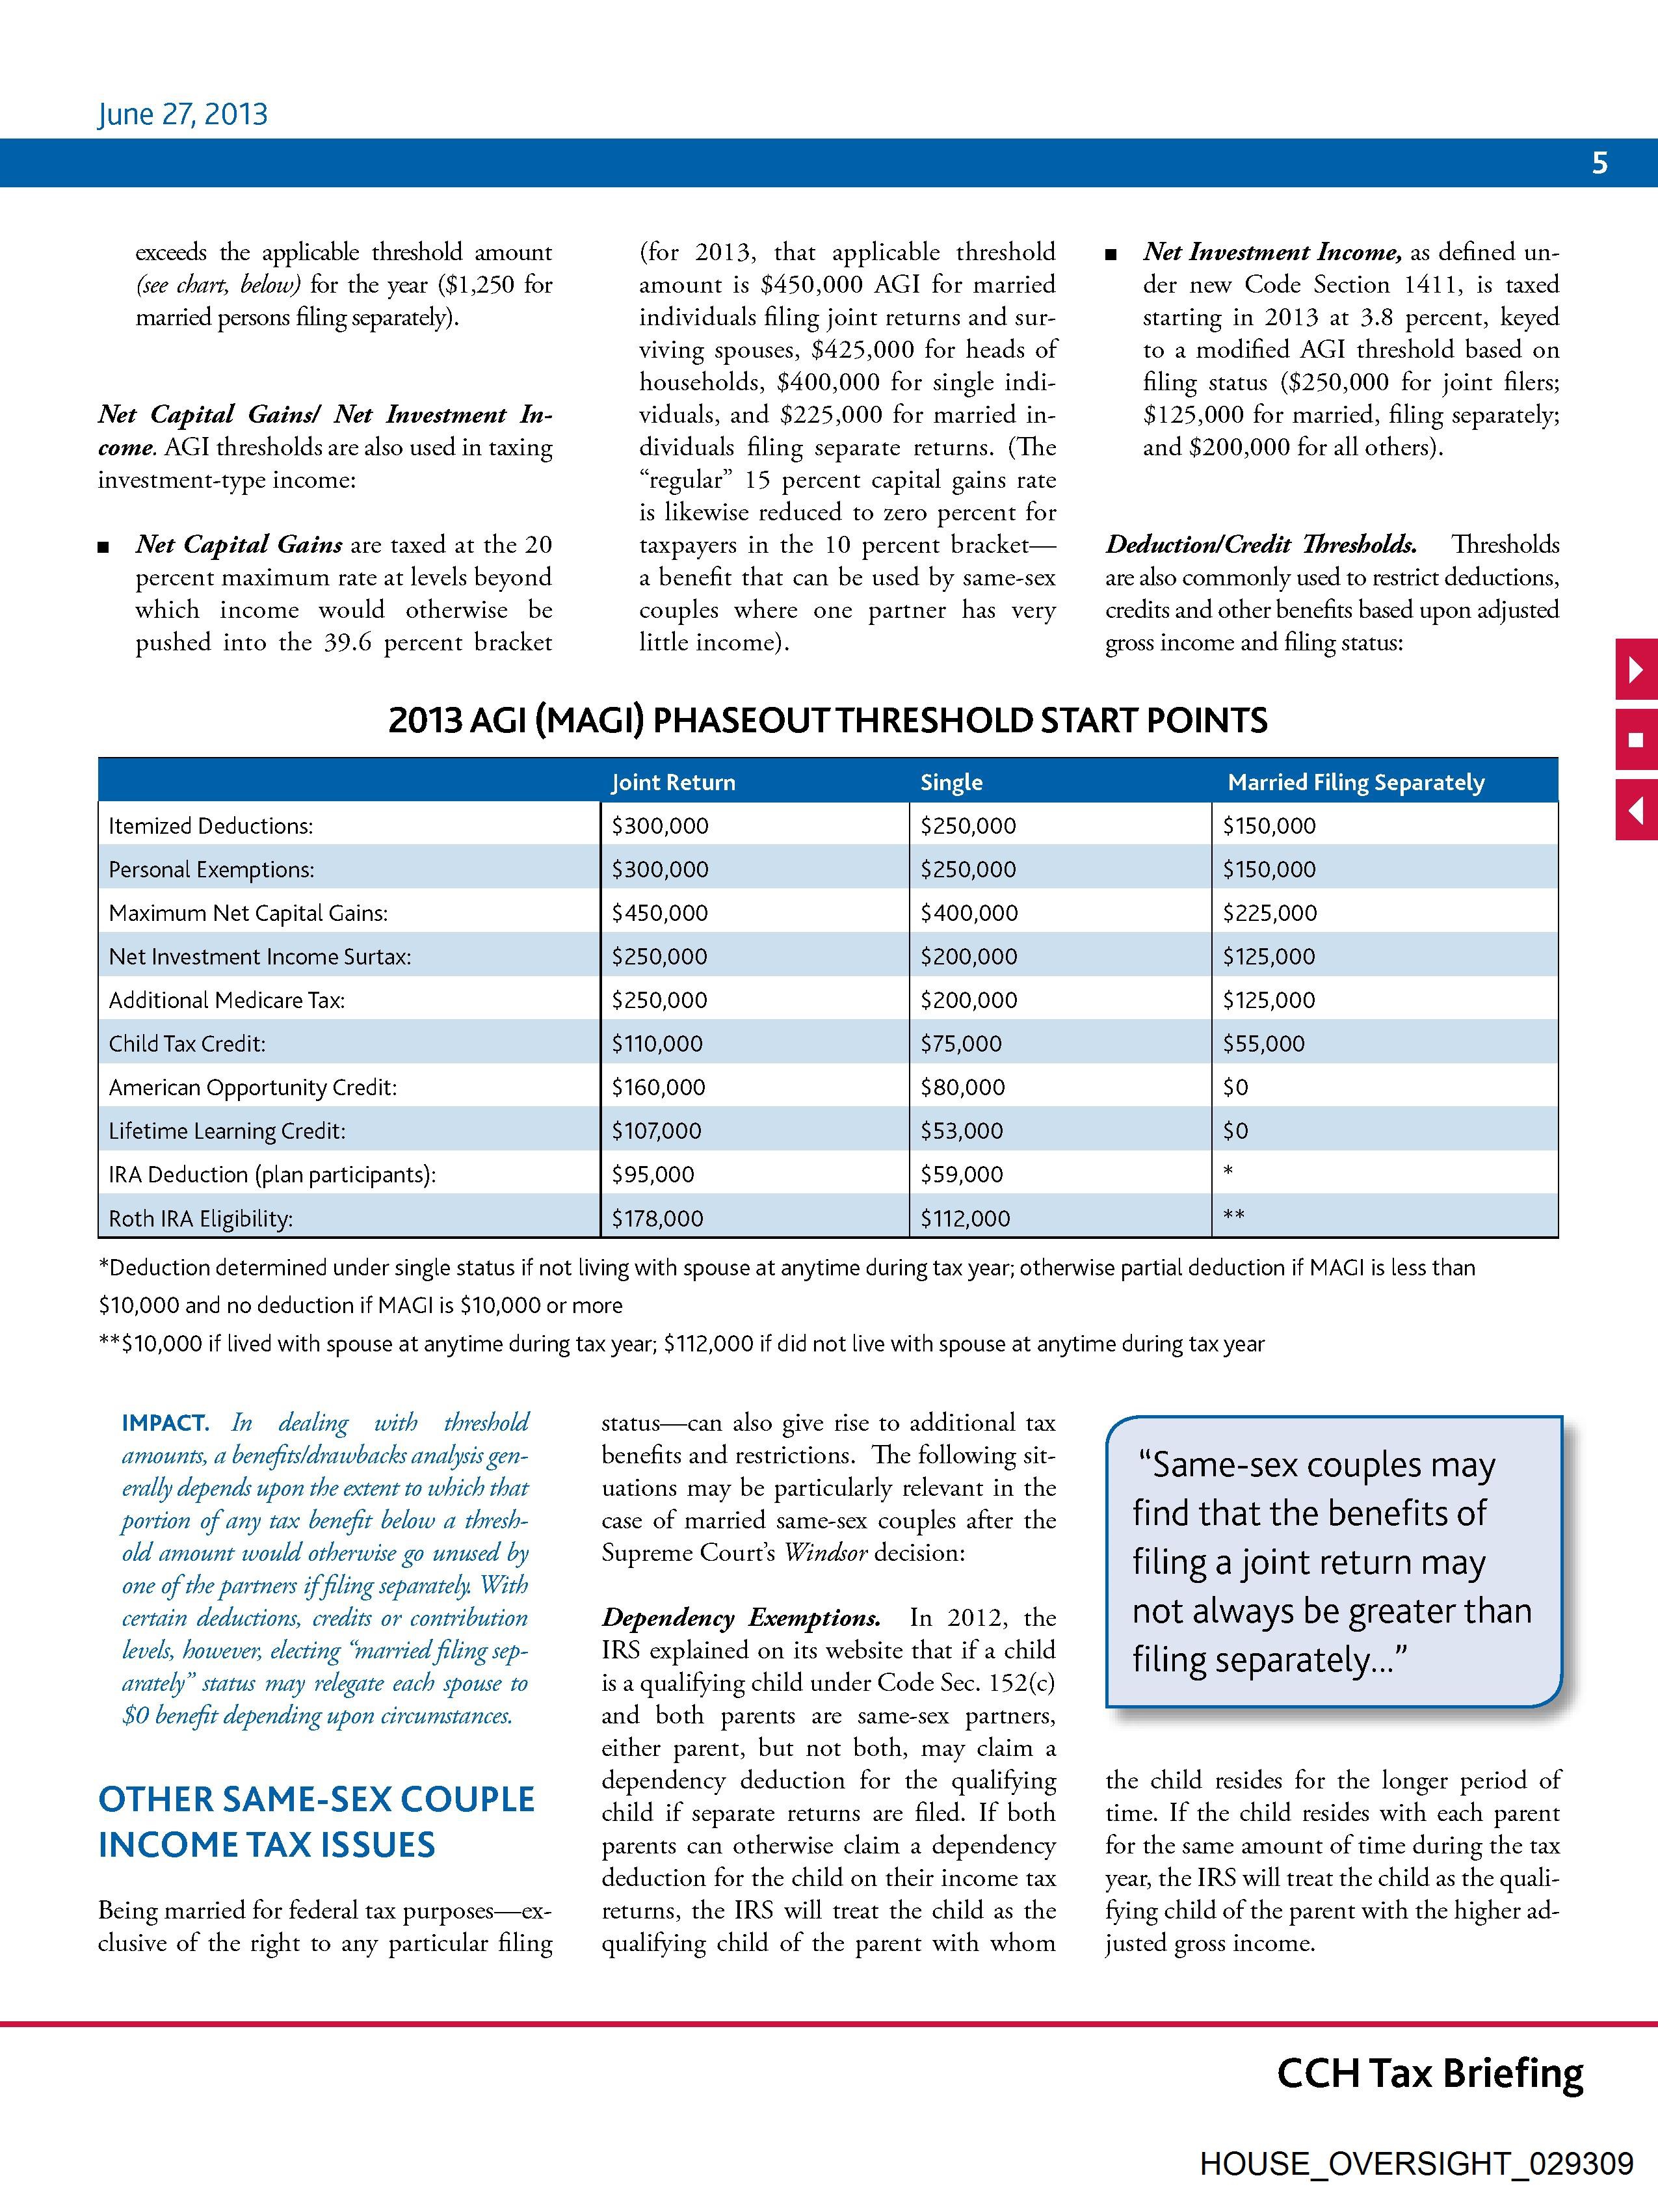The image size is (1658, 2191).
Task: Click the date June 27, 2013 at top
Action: (x=182, y=114)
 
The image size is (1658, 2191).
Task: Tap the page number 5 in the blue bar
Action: (x=1599, y=163)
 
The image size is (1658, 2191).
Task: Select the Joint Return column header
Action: (x=674, y=782)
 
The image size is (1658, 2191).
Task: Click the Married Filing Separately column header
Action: (x=1355, y=782)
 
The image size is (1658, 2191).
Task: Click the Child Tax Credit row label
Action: (x=187, y=1044)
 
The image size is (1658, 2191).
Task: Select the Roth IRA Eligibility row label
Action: (x=200, y=1218)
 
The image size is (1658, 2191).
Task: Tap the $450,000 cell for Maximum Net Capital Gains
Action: (x=660, y=913)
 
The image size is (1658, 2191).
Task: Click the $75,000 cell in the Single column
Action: (x=961, y=1044)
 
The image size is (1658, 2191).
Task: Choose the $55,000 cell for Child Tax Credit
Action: (x=1264, y=1044)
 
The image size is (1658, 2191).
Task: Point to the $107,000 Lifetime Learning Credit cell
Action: (x=657, y=1131)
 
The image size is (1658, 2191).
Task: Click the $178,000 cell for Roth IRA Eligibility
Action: (x=657, y=1218)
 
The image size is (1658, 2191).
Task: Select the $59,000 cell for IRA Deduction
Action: (x=961, y=1175)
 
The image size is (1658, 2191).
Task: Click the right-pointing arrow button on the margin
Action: (x=1636, y=671)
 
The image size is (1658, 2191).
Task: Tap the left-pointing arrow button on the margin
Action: (x=1636, y=810)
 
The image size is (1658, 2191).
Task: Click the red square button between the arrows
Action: (x=1636, y=740)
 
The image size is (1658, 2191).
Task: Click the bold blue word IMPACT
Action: (x=164, y=1424)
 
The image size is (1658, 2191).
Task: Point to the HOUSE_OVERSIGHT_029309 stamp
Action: (x=1415, y=2163)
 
